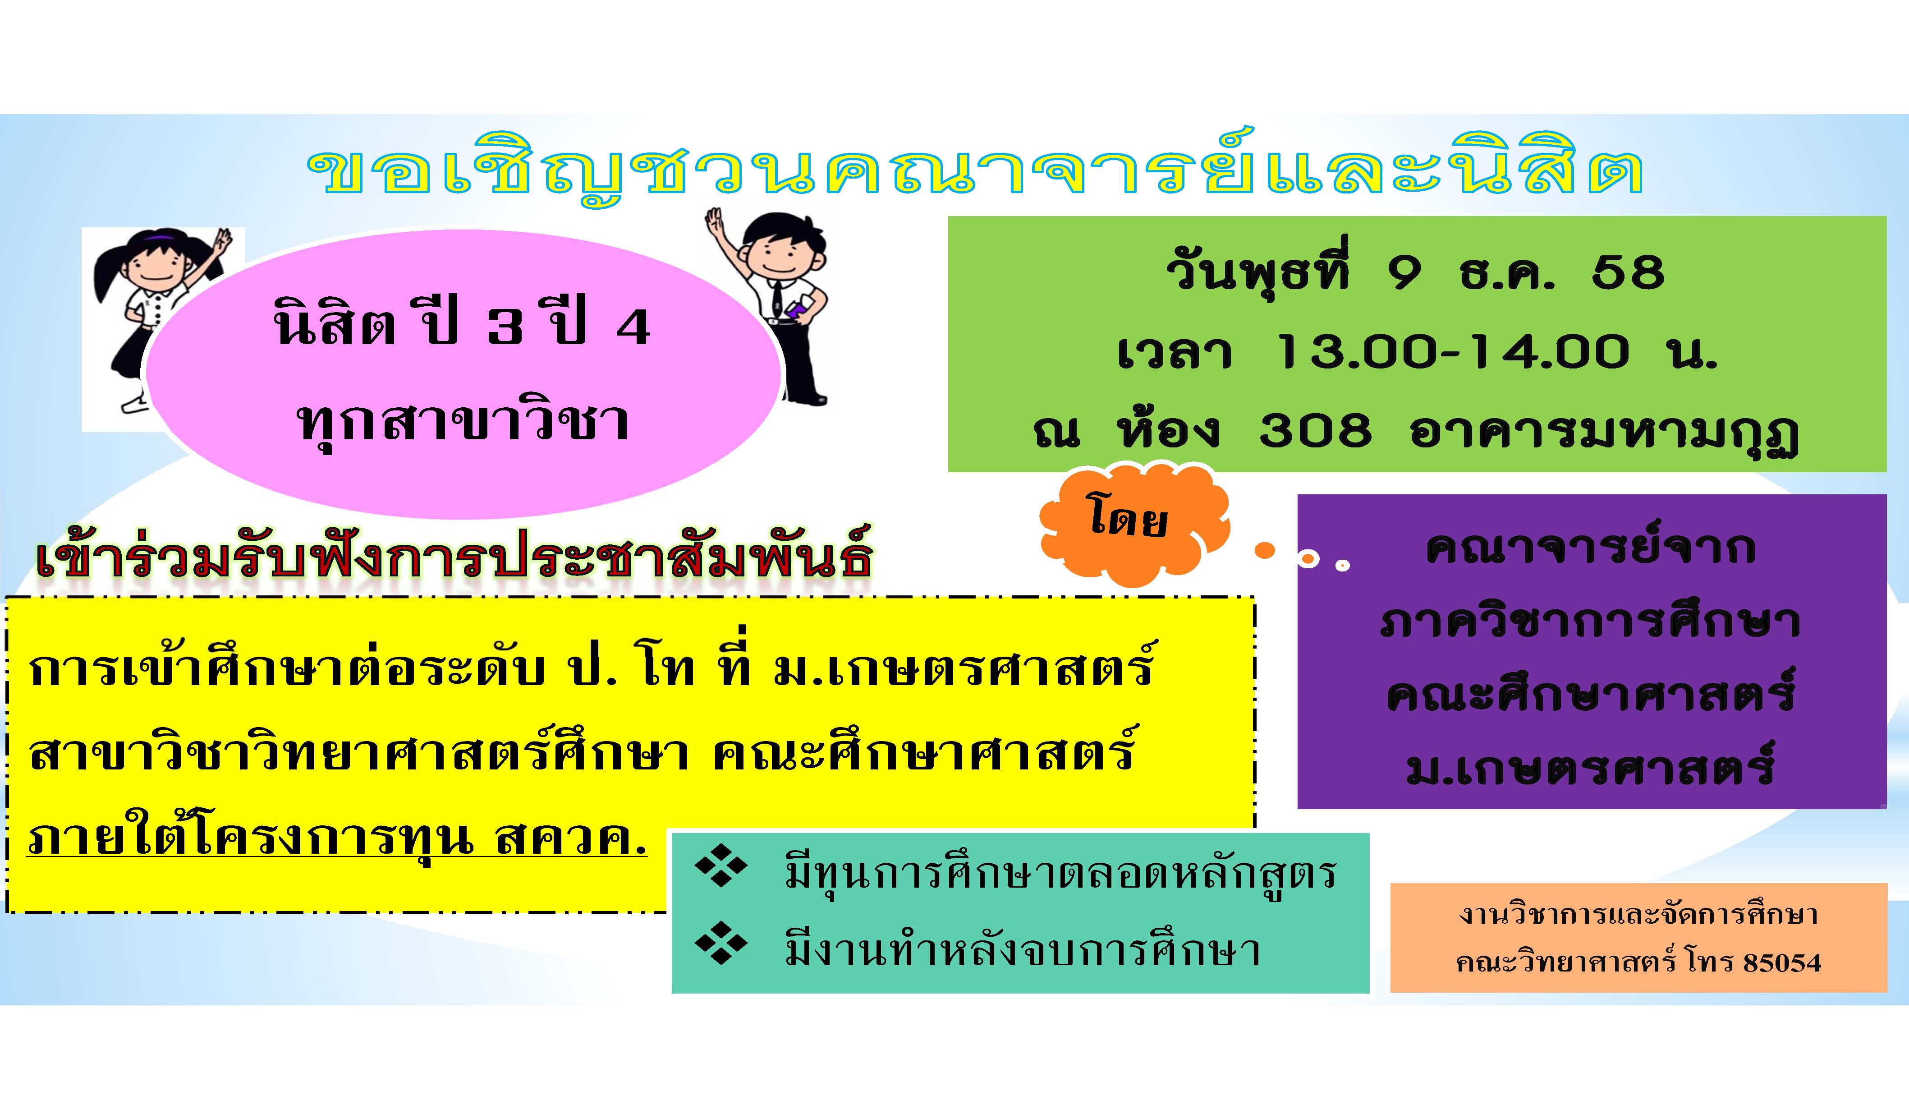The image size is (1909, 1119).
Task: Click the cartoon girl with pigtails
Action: point(151,318)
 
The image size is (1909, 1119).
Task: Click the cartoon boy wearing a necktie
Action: point(780,303)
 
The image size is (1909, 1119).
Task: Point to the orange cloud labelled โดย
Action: point(1129,523)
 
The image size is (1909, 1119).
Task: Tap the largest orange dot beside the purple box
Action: point(1264,551)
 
